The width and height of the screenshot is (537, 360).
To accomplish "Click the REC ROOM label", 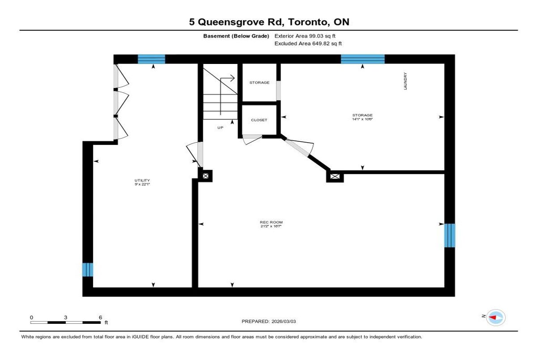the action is [x=271, y=222].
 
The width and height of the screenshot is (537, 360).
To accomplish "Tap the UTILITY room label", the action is [x=142, y=180].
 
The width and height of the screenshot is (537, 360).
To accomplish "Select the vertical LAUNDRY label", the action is [x=405, y=81].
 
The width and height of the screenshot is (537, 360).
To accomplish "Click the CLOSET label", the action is [x=259, y=120].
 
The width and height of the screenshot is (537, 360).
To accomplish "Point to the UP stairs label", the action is [x=220, y=127].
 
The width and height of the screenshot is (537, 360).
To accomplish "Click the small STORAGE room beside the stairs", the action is [x=260, y=83].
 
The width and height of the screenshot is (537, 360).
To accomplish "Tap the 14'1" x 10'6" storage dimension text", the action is [x=362, y=119].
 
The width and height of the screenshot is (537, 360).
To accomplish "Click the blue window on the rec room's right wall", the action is [x=450, y=235].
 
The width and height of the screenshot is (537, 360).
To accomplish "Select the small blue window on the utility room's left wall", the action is [x=88, y=270].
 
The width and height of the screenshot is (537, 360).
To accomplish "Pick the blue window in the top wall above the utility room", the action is [x=152, y=59].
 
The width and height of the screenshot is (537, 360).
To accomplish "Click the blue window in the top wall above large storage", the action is [x=363, y=59].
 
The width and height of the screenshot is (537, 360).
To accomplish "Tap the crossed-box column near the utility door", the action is [x=205, y=176].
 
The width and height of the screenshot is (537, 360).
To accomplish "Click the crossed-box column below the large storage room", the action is [x=335, y=177].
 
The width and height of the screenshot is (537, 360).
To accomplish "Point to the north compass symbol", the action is [x=496, y=318].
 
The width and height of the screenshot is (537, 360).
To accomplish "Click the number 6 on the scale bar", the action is [x=100, y=318].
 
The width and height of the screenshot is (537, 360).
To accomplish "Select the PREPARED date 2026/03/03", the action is [x=284, y=322].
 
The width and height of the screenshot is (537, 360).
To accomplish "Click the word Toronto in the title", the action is [x=308, y=22].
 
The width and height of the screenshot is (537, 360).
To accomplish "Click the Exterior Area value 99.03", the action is [x=316, y=36].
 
